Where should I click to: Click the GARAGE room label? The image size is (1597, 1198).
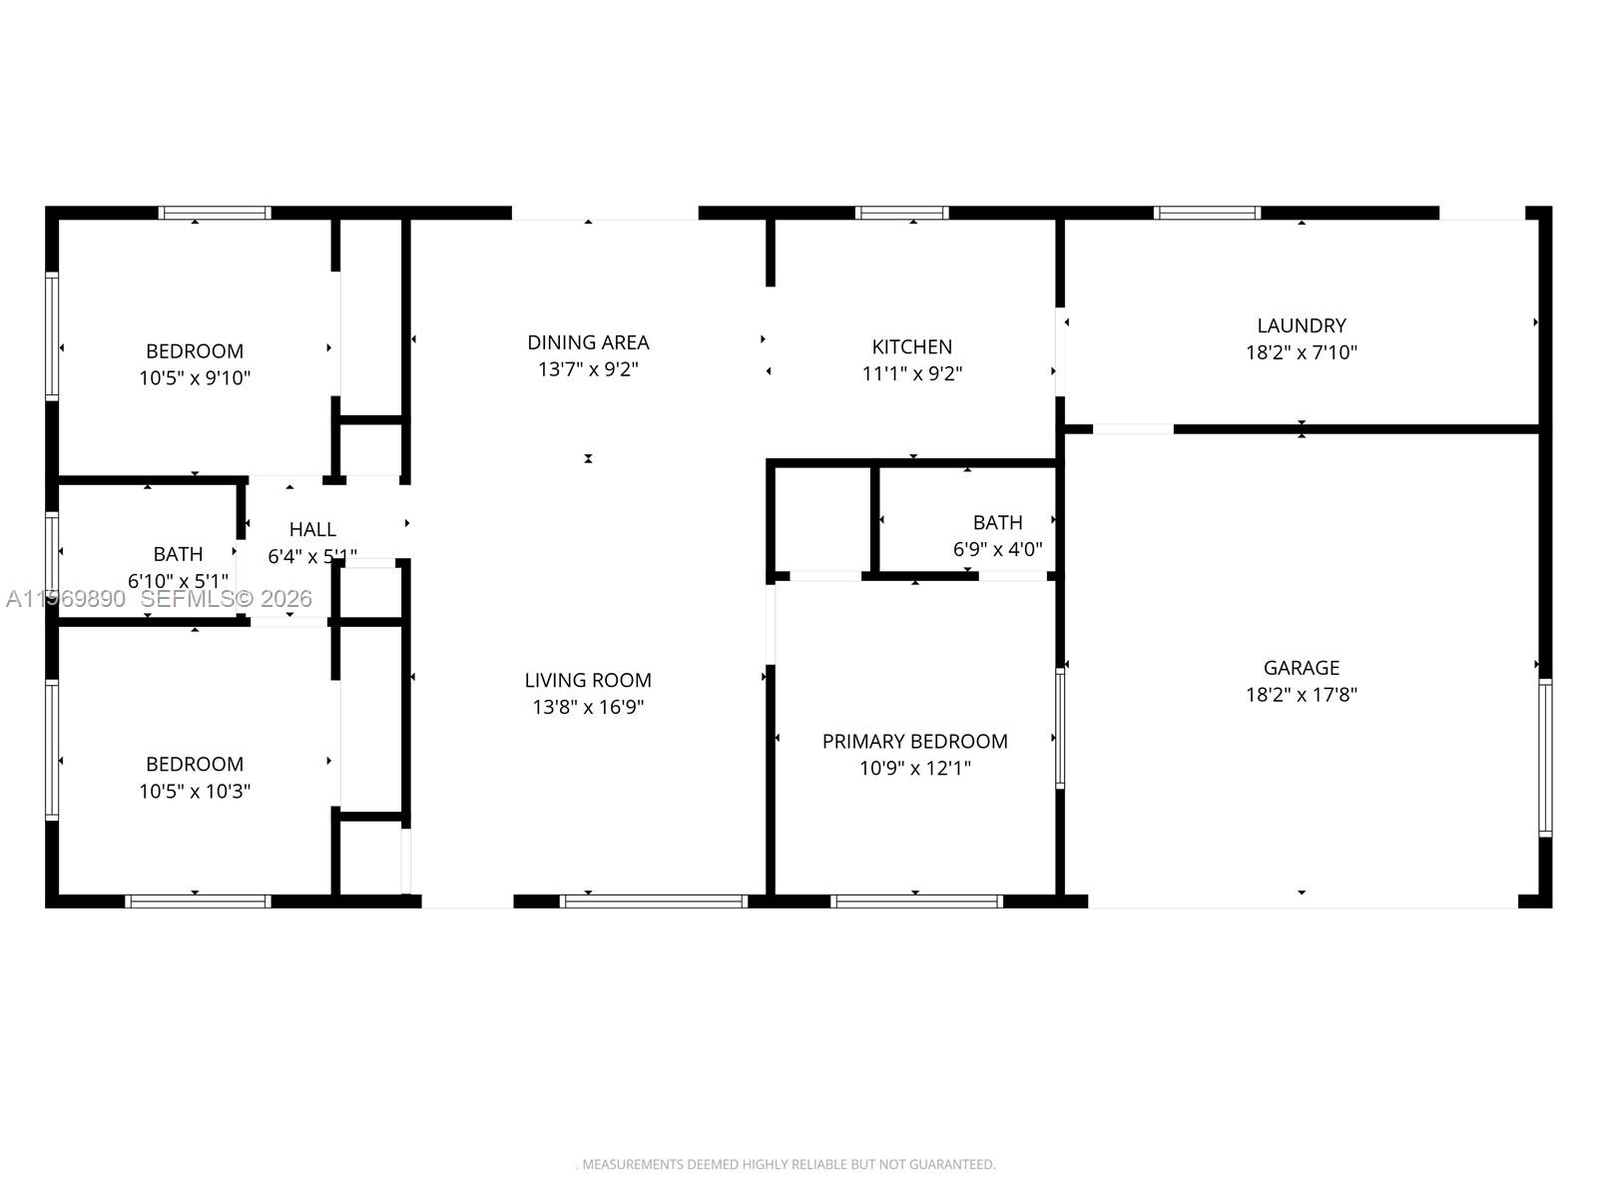[x=1301, y=668]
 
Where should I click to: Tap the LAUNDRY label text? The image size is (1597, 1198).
[x=1301, y=325]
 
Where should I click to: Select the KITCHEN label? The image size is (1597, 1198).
[x=911, y=346]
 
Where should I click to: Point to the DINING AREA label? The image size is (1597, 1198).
[x=588, y=342]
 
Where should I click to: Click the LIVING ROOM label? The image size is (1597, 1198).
[x=588, y=680]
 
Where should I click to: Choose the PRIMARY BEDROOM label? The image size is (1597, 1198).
[x=914, y=741]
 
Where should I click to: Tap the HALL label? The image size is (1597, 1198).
[x=312, y=529]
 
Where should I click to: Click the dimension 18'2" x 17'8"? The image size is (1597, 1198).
[x=1301, y=695]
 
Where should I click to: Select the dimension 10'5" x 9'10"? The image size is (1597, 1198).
[x=195, y=378]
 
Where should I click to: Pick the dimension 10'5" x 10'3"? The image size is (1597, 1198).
[x=195, y=792]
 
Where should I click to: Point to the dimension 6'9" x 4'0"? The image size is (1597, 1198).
[x=997, y=549]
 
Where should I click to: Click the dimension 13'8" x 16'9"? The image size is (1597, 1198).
[x=588, y=707]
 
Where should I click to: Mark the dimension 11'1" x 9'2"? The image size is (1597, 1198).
[x=911, y=373]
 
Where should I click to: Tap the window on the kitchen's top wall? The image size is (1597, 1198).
[x=901, y=213]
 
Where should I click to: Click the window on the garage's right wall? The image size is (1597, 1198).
[x=1544, y=757]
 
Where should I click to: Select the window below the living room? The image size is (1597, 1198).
[x=654, y=900]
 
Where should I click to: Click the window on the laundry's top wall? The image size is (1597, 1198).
[x=1207, y=213]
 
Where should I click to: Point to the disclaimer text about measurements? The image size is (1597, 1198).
[x=788, y=1164]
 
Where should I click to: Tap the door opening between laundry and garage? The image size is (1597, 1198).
[x=1133, y=429]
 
